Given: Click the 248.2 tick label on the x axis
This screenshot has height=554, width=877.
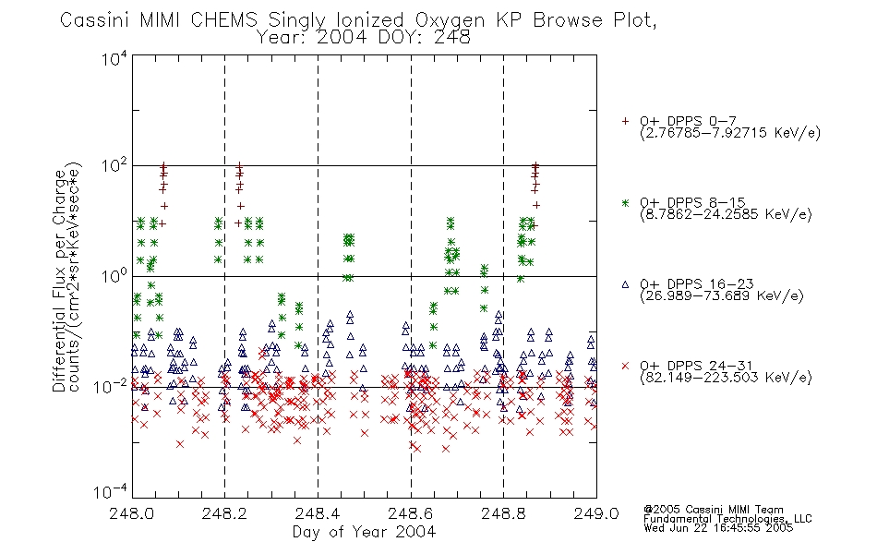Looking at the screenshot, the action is pos(225,513).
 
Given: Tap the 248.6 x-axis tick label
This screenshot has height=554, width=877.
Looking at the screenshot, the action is pos(411,513).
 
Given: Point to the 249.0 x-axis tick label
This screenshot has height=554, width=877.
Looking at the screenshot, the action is pos(596,513).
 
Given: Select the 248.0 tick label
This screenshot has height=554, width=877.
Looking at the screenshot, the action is pos(132,513).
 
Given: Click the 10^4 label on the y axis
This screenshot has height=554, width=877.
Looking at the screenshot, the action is pos(114,58).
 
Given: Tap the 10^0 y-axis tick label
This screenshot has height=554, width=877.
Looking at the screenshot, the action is pos(114,275).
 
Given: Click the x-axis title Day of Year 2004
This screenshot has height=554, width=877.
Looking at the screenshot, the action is pos(364,532).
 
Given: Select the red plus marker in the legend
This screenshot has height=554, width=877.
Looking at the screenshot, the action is pos(625,121).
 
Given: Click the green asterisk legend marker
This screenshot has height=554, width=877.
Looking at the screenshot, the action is pos(625,202).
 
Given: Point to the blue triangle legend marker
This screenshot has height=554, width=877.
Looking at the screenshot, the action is pos(625,284).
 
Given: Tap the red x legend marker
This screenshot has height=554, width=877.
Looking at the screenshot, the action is pos(625,366).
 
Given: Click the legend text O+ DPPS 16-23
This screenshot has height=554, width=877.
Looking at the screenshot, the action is pos(697,283).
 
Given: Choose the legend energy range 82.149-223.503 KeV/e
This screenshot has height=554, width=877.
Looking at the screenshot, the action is pos(726,378).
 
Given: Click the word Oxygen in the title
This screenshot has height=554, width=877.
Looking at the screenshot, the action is pos(450,20).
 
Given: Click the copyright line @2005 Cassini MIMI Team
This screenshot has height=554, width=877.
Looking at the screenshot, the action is pos(714,510).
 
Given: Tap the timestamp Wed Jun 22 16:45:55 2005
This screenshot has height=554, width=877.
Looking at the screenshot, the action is pos(718,528).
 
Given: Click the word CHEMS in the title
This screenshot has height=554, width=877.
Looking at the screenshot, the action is pos(223,20).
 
